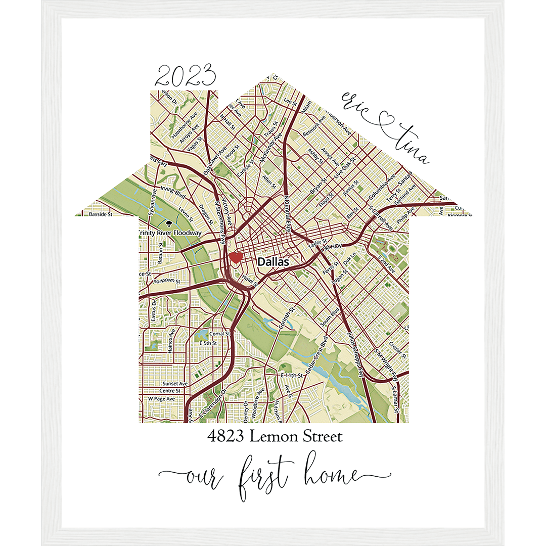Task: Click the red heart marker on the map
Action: [x=235, y=257]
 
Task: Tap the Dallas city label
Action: [x=273, y=262]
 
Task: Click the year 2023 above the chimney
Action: [x=185, y=77]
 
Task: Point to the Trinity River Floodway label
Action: [x=170, y=233]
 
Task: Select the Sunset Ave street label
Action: [x=174, y=384]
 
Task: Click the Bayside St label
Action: [x=100, y=214]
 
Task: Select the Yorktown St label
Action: [x=167, y=280]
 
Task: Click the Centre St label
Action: [x=170, y=391]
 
